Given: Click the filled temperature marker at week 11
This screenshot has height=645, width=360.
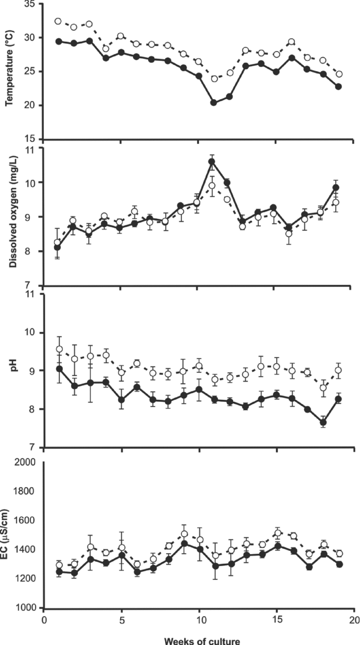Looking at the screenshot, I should click(214, 103).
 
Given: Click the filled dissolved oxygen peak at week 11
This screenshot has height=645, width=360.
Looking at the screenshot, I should click(212, 162).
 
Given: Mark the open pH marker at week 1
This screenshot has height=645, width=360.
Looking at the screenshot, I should click(59, 349).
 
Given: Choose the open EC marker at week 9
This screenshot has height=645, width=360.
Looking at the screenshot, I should click(184, 534).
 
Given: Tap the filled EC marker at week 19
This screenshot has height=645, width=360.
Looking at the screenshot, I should click(339, 564).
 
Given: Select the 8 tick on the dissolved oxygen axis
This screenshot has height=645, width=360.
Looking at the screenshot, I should click(34, 251).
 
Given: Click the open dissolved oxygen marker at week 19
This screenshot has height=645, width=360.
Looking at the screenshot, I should click(335, 203).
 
